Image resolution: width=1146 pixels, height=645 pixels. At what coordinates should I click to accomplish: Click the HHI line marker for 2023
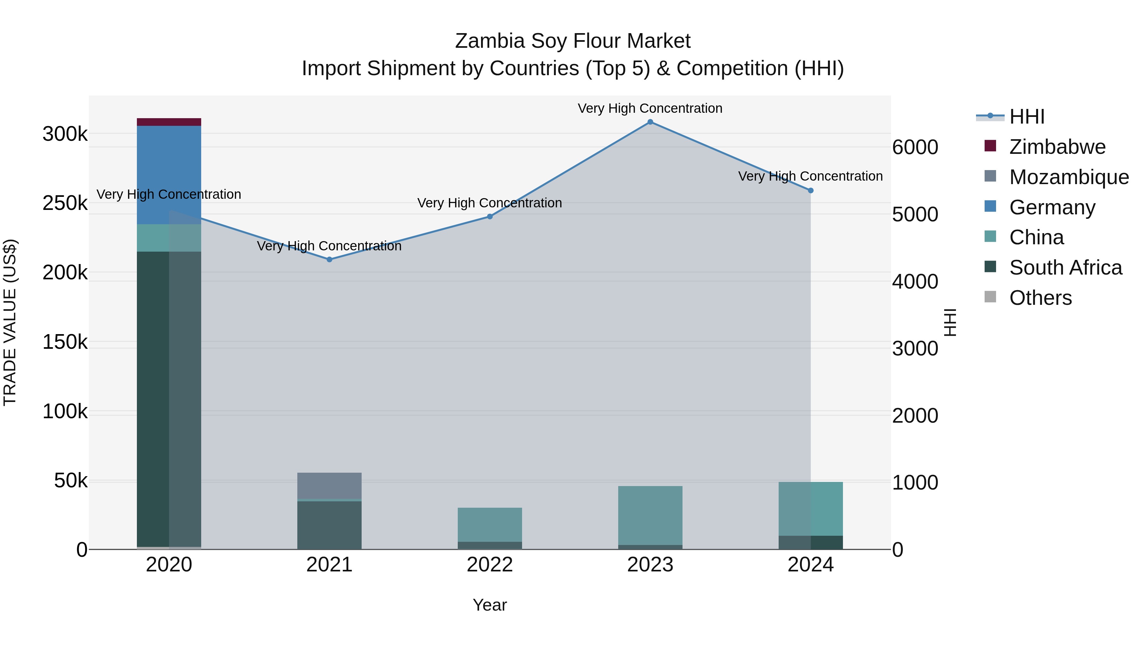[650, 122]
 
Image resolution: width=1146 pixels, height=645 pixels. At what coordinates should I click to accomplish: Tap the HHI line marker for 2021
[329, 260]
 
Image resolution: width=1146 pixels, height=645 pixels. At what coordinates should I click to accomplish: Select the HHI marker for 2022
[490, 217]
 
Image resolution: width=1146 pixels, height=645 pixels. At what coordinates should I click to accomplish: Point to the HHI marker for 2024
[810, 190]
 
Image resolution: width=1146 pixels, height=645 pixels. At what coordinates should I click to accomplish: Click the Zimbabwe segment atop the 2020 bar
[169, 122]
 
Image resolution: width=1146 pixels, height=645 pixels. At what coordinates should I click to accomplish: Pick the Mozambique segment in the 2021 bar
[329, 486]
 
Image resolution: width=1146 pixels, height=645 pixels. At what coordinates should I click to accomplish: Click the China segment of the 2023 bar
[650, 515]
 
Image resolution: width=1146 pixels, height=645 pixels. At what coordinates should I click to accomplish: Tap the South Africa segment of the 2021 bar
[329, 525]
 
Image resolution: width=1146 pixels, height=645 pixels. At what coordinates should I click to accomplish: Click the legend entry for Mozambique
[1069, 177]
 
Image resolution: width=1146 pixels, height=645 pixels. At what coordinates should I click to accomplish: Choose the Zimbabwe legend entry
[1057, 147]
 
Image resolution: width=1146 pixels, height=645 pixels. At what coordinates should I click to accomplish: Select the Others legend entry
[1040, 298]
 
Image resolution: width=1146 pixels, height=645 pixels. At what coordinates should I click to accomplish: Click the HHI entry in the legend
[1026, 117]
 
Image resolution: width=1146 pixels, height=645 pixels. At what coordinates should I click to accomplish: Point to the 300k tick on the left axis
[65, 134]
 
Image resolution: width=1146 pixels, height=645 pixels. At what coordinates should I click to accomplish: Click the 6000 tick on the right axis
[915, 147]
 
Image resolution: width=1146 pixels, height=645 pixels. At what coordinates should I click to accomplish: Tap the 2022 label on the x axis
[490, 565]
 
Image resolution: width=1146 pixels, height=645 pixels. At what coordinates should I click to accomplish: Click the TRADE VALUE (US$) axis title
[10, 322]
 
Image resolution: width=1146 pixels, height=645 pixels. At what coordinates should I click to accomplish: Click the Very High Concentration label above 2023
[650, 108]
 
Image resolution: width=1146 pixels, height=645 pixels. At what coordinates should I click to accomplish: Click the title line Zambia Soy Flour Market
[573, 41]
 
